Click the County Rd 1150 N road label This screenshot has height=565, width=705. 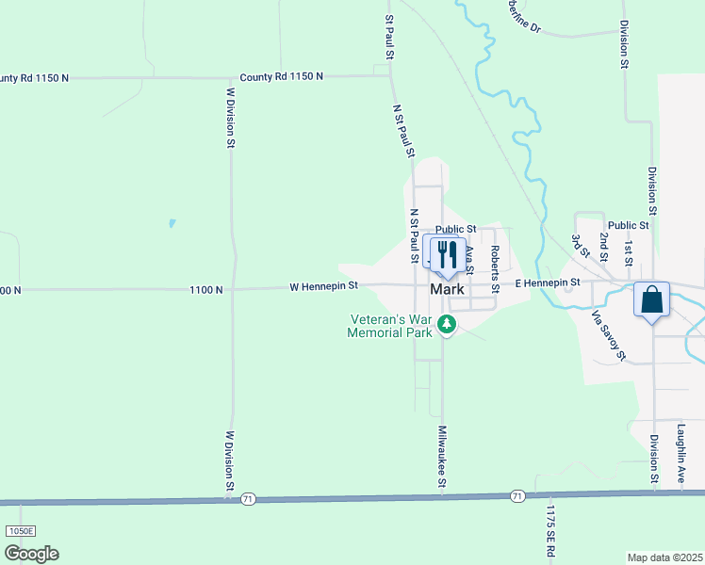281,76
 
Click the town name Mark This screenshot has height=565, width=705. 447,289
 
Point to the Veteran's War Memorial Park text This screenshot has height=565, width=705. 389,326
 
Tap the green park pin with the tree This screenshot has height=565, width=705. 448,326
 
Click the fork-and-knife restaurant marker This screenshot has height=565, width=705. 448,253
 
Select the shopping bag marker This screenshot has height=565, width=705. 651,300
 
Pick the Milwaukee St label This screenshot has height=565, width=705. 441,456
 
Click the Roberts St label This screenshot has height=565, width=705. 494,267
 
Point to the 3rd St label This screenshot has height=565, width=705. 576,247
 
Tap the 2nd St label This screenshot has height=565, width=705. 603,249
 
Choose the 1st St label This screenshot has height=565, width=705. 628,250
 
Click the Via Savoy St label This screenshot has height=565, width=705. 608,336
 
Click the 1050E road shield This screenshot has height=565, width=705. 20,531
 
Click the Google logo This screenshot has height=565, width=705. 31,553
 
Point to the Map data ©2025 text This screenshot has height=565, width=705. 664,557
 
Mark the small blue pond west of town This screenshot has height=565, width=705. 172,223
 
